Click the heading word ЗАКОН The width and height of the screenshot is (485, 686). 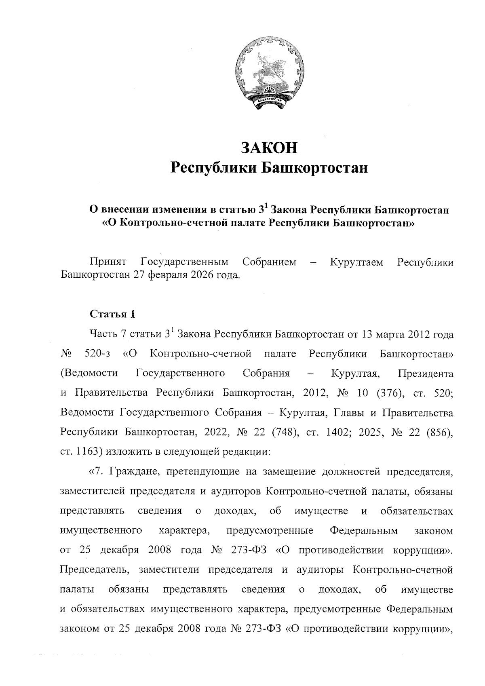[269, 148]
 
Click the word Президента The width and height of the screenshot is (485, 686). [426, 374]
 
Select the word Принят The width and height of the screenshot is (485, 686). [108, 262]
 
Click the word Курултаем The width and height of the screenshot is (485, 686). [356, 262]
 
